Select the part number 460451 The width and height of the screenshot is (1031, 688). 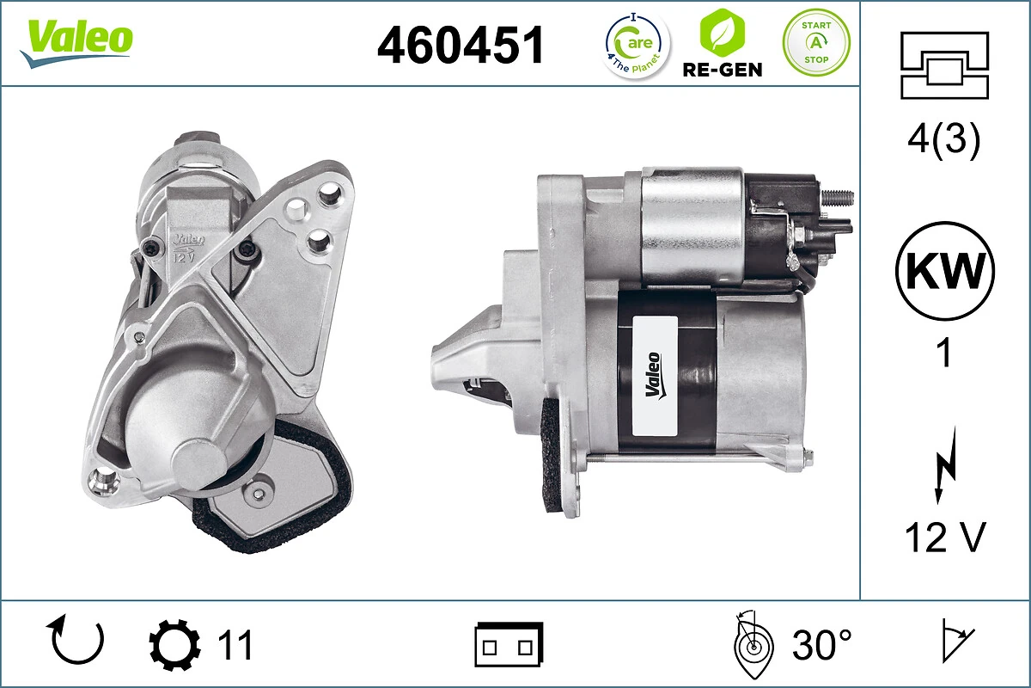(x=461, y=45)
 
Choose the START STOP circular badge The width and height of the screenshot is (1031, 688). (x=815, y=42)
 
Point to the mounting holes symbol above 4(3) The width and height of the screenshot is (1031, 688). (x=943, y=65)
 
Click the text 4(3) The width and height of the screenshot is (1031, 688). (x=943, y=139)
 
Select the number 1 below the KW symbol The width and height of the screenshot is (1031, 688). (x=944, y=353)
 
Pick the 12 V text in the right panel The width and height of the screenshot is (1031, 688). (x=943, y=538)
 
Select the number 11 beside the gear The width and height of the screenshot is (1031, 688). (x=234, y=645)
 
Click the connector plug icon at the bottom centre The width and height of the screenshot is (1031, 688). (x=509, y=644)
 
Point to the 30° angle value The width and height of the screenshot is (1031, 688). (x=821, y=645)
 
